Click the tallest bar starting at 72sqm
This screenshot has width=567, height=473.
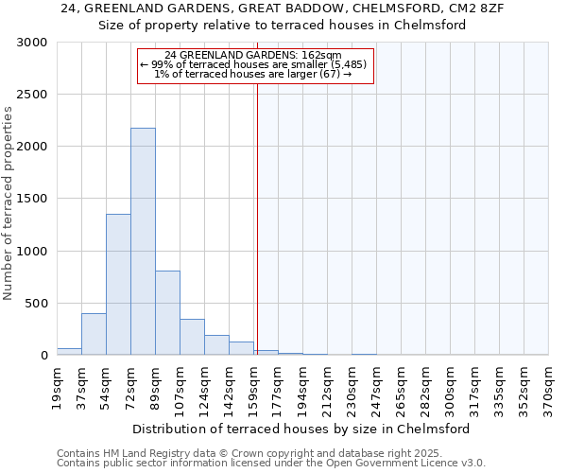coord(143,241)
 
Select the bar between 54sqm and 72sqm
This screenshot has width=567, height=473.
coord(118,284)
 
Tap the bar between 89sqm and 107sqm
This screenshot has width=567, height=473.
coord(167,312)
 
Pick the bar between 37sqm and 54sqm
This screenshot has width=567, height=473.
coord(94,334)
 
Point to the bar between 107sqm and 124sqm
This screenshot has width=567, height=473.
coord(192,337)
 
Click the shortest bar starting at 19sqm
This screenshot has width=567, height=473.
coord(69,351)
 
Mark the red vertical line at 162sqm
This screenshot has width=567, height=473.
coord(256,218)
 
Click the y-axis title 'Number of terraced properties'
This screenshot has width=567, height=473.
coord(9,202)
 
